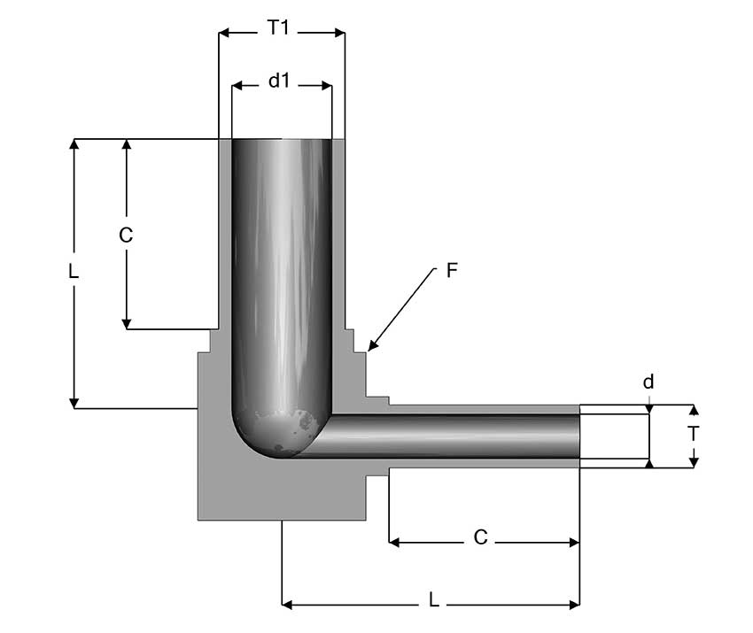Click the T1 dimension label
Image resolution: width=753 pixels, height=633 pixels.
tap(278, 27)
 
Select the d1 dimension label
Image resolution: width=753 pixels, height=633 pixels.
tap(279, 81)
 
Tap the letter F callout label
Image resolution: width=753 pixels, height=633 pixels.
tap(452, 270)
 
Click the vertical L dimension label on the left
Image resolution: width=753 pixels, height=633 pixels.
tap(73, 272)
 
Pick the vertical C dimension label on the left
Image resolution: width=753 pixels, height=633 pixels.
tap(126, 235)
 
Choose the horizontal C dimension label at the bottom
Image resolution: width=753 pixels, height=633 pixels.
tap(480, 537)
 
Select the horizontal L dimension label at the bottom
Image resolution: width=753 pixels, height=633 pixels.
tap(434, 600)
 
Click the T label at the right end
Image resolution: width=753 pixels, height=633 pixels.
tap(693, 434)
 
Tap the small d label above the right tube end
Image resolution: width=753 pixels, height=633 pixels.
tap(648, 382)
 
